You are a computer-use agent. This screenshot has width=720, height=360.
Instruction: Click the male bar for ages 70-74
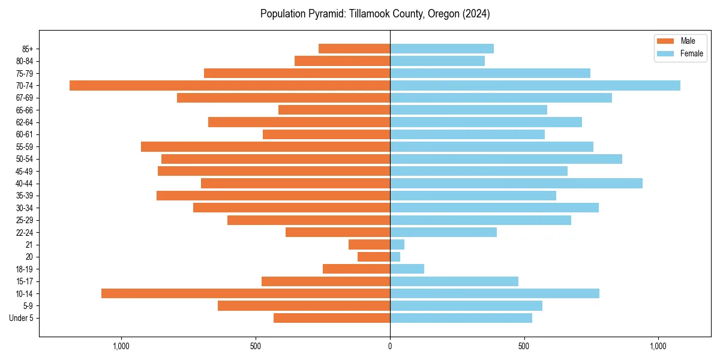point(230,85)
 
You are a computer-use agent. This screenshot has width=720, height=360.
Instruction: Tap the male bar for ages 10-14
point(245,293)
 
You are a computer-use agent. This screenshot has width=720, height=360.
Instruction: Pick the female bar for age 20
point(395,257)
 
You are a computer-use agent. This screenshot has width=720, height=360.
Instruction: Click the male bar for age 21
point(369,244)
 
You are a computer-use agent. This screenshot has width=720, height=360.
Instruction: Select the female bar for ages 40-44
point(516,183)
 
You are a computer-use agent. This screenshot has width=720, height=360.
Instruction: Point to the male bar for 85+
point(354,49)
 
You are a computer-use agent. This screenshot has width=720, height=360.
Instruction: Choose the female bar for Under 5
point(461,318)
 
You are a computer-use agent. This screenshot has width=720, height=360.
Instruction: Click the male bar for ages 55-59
point(265,146)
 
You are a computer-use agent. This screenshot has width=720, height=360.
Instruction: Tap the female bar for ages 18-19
point(407,269)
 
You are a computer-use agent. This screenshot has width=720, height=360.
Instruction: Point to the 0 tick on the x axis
point(390,346)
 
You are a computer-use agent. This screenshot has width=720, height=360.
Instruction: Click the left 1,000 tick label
point(121,346)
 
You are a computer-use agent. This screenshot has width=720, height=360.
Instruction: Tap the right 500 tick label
point(524,346)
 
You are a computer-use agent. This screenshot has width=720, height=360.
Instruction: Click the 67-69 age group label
point(25,98)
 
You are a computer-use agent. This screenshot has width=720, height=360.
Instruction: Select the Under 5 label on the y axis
point(21,318)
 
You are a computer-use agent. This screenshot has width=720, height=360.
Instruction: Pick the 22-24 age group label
point(25,232)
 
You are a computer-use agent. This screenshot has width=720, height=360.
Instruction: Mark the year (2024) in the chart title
point(476,14)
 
